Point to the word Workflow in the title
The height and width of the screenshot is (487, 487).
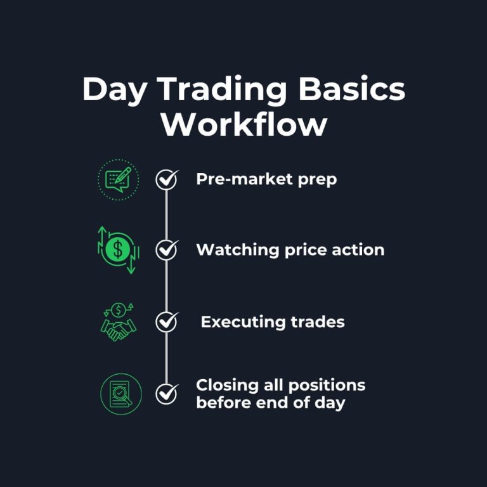pos(243,124)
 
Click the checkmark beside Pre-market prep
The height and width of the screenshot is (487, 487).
pos(167,180)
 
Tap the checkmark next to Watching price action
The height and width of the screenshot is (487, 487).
pos(167,250)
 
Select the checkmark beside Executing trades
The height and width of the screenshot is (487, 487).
pos(167,322)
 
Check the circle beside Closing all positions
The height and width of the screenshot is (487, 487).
pos(167,393)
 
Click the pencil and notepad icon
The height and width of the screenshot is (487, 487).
pos(118,179)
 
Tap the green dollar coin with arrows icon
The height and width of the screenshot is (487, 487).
pos(118,250)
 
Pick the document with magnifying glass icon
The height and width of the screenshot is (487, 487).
pos(120,394)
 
